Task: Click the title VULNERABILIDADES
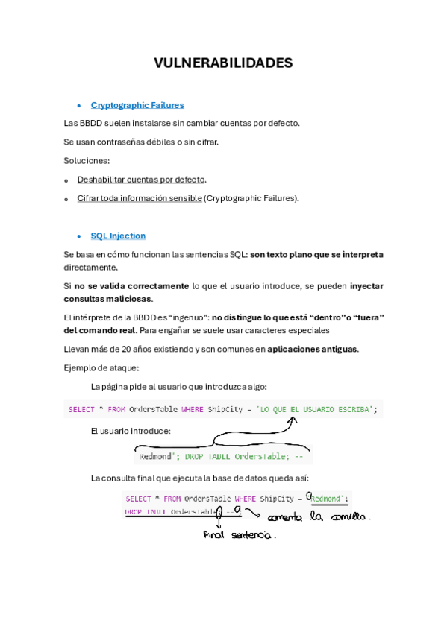[x=223, y=63]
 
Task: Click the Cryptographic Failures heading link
[x=137, y=105]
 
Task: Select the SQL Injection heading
[x=118, y=236]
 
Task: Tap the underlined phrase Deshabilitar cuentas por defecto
[x=141, y=180]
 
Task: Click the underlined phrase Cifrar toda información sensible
[x=140, y=198]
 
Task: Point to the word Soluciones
[x=87, y=160]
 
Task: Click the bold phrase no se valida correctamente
[x=131, y=285]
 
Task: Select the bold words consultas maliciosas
[x=107, y=299]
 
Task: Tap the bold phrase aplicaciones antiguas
[x=313, y=349]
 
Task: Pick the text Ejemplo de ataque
[x=101, y=367]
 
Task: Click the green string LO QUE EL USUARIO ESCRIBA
[x=316, y=409]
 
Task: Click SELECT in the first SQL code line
[x=81, y=409]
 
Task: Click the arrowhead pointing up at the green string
[x=293, y=420]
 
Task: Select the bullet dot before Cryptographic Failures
[x=79, y=106]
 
